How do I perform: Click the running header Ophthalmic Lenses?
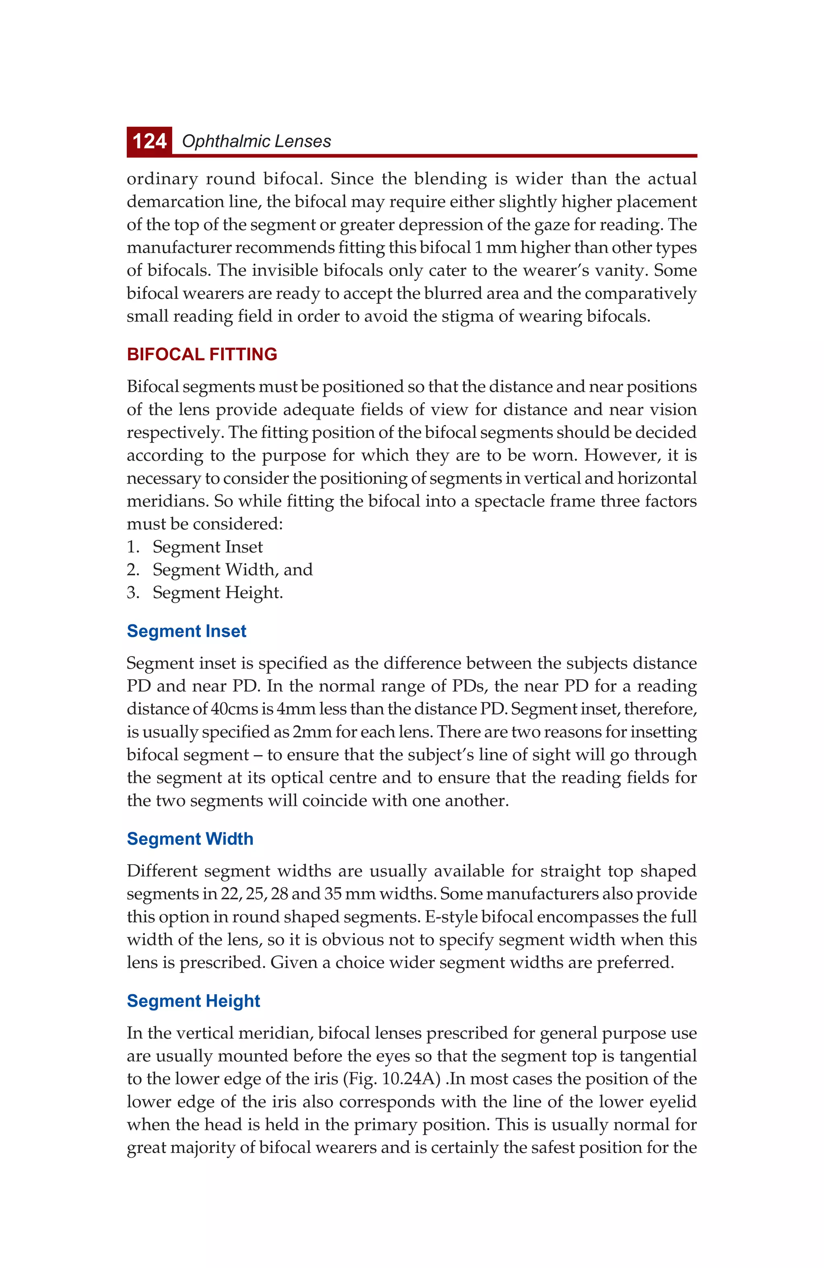(x=256, y=142)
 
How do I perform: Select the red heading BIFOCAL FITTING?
(x=202, y=354)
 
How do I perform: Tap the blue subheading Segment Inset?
(x=186, y=631)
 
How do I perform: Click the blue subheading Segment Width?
(x=190, y=839)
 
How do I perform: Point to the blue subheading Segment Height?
(x=193, y=1001)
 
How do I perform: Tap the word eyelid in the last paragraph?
(x=671, y=1102)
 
